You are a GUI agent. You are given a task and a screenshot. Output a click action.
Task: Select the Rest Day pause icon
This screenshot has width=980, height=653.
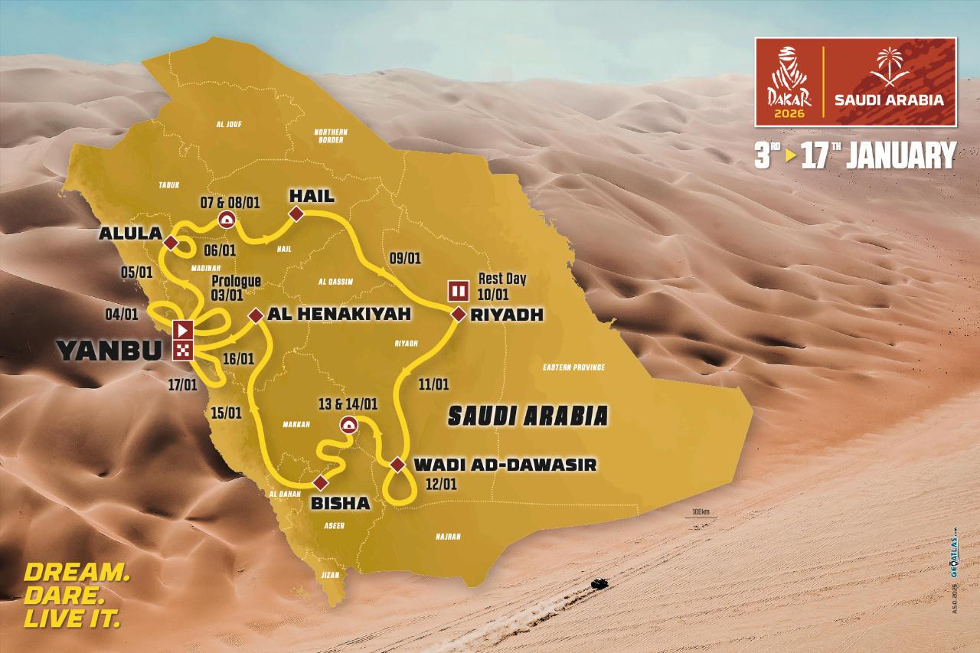pyautogui.click(x=458, y=291)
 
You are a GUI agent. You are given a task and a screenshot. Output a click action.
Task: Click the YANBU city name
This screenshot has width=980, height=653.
pyautogui.click(x=109, y=351)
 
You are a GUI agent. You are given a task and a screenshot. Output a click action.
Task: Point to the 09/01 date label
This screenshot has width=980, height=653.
pyautogui.click(x=405, y=258)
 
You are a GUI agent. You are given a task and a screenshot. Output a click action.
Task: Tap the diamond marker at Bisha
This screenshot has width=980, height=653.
pyautogui.click(x=320, y=482)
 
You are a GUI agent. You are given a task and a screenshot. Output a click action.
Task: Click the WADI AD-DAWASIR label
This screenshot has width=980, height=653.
pyautogui.click(x=505, y=464)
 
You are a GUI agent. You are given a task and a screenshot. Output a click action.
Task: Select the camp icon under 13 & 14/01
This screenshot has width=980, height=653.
pyautogui.click(x=348, y=426)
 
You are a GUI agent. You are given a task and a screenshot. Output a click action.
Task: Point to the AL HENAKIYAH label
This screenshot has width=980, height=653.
pyautogui.click(x=335, y=314)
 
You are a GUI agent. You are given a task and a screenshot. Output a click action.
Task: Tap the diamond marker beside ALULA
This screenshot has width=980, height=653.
pyautogui.click(x=171, y=243)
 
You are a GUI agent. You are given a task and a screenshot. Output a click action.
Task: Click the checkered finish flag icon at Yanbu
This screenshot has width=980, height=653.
pyautogui.click(x=184, y=350)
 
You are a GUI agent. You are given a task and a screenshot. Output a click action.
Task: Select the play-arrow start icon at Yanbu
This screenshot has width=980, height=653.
pyautogui.click(x=184, y=331)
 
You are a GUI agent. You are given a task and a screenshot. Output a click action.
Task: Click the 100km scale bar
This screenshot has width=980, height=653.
pyautogui.click(x=700, y=516)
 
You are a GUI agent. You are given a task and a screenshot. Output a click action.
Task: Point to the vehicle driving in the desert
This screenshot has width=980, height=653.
pyautogui.click(x=600, y=584)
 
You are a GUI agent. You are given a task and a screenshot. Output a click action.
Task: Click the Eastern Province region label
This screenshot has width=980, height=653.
pyautogui.click(x=574, y=368)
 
